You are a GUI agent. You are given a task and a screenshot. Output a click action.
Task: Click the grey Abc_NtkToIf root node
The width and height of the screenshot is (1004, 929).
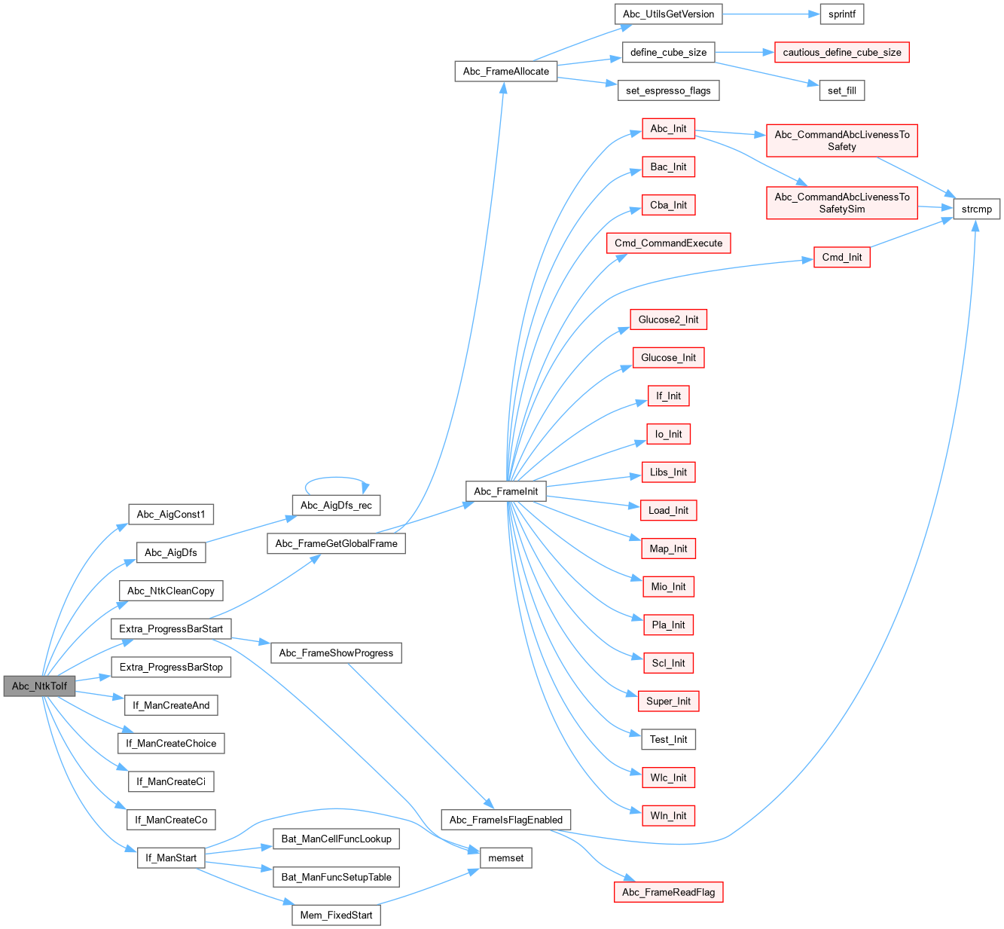pos(39,686)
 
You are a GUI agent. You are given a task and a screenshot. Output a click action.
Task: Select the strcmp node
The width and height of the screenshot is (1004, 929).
pos(977,209)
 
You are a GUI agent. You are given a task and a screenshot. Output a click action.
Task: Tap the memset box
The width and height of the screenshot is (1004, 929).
pos(505,857)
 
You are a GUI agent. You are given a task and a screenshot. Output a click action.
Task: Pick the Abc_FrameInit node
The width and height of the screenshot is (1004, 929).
pos(505,491)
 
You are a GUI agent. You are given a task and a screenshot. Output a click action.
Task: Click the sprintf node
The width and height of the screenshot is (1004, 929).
pos(841,14)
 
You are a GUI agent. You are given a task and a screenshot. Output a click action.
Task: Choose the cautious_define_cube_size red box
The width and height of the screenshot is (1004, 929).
pos(841,52)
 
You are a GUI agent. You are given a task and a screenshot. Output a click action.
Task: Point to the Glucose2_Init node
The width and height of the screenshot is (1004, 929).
pos(668,319)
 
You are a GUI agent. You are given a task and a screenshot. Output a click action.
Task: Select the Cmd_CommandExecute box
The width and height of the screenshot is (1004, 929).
pos(668,243)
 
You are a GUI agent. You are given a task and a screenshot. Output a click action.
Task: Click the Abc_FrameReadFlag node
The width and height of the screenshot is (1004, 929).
pos(668,892)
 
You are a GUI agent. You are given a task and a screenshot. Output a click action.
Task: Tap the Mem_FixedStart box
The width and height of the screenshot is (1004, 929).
pos(336,915)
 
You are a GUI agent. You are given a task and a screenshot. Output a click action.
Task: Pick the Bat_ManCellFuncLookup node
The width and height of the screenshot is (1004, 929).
pos(336,839)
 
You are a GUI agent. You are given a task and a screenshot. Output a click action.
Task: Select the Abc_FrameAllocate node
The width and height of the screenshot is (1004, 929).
pos(505,72)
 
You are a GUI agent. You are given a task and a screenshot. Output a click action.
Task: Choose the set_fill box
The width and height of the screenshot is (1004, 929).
pos(841,90)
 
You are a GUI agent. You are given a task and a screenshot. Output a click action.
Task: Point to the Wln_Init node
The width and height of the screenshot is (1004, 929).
pos(668,815)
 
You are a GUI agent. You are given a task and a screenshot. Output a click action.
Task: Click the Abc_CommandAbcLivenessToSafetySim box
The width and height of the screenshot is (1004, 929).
pos(841,203)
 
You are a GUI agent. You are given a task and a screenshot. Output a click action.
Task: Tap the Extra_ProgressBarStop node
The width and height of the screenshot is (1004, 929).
pos(171,667)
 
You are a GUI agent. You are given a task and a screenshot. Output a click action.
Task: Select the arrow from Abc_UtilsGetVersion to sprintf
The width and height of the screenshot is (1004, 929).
pos(768,14)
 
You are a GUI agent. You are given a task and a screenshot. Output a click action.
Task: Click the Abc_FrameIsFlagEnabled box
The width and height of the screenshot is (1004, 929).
pos(505,820)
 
